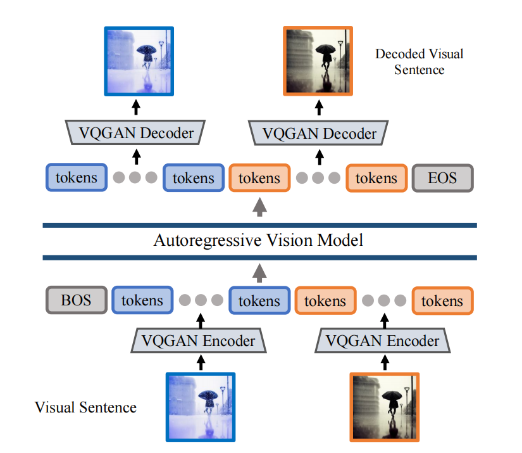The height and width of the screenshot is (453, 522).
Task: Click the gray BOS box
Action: pos(75,300)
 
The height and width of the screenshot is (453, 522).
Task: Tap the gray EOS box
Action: pos(442,178)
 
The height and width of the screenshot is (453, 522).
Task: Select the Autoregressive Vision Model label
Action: pos(259,241)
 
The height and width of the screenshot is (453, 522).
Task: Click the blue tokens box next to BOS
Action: pos(142,300)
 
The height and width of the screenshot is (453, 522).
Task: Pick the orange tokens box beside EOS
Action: pos(376,178)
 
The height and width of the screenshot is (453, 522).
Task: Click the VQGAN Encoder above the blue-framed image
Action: pos(198,341)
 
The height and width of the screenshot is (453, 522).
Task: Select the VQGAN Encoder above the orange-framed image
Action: pos(382,341)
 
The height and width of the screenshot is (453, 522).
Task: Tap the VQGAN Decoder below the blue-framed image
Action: pos(137,133)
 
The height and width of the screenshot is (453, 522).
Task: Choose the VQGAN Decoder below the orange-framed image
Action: pos(319,133)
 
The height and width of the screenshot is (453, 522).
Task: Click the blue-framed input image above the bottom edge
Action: pos(201,406)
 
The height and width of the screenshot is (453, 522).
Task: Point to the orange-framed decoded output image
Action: pos(317,61)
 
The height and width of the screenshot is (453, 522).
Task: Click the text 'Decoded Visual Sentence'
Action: pos(419,61)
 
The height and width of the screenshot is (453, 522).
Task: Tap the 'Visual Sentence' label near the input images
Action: pos(85,407)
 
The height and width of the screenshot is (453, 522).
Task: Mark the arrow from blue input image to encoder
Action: pos(201,363)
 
